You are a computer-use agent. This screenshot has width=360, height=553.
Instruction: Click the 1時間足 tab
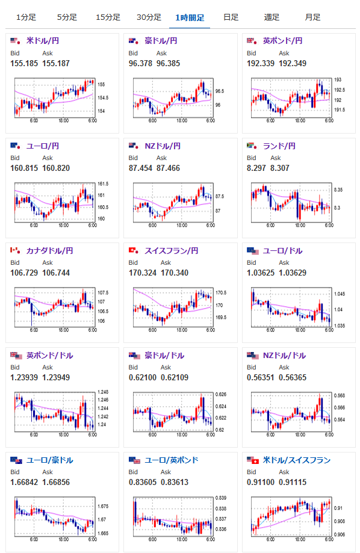coord(190,17)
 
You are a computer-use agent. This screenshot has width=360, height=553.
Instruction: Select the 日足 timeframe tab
coord(231,17)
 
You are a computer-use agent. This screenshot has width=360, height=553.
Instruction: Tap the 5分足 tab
coord(67,17)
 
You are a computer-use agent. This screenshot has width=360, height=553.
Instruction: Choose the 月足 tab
coord(312,17)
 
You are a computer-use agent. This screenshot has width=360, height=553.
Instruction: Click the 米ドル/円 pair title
coord(43,40)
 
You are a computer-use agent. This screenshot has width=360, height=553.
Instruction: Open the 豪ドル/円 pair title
coord(161,40)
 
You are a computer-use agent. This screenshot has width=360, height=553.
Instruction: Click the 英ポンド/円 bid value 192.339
coord(261,63)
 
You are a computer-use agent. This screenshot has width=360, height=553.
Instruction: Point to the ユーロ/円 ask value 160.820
coord(56,168)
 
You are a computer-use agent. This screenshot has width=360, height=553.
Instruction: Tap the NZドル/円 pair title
coord(163,146)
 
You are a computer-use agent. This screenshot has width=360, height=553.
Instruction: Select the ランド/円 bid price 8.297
coord(256,168)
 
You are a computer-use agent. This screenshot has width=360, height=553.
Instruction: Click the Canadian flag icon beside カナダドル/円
coord(15,250)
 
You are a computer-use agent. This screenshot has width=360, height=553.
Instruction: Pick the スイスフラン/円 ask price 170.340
coord(175,273)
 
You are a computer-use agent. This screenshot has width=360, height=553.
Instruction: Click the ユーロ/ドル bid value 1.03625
coord(261,273)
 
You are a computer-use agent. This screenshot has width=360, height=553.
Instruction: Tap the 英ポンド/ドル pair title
coord(50,355)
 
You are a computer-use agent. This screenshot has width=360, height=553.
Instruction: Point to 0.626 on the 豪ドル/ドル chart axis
coord(221,394)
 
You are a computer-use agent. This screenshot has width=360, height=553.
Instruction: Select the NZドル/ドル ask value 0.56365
coord(293,378)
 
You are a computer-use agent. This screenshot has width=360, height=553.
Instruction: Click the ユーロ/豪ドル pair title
coord(50,460)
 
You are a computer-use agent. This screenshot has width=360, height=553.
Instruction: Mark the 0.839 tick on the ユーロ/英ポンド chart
coord(221,498)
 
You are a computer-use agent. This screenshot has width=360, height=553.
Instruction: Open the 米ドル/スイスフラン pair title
coord(297,460)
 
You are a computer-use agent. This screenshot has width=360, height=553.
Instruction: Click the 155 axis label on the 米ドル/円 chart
coord(101,85)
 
